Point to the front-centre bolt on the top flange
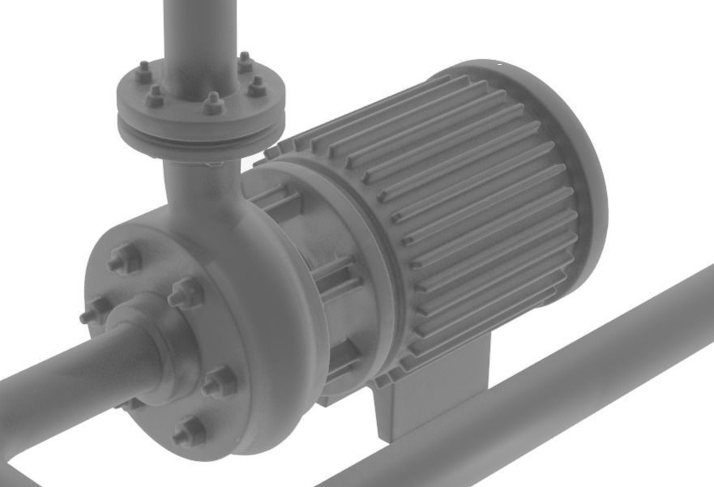(212, 103)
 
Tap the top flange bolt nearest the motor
(256, 85)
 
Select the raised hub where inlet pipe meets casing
(154, 340)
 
